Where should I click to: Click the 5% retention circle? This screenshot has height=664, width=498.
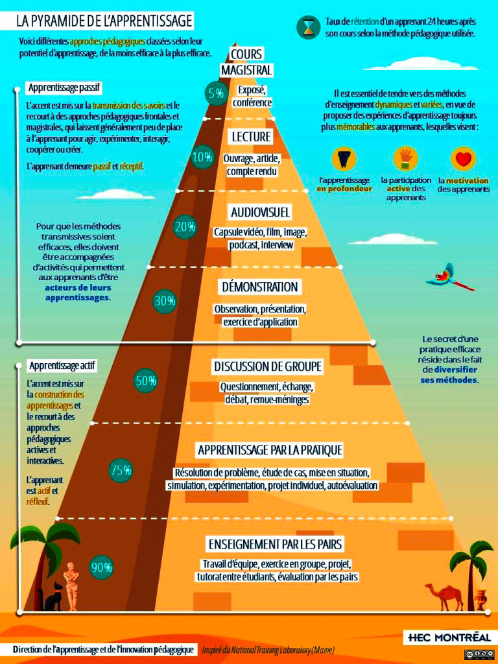click(x=215, y=93)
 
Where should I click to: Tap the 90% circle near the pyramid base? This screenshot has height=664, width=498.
click(x=102, y=567)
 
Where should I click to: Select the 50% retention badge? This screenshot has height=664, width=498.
click(x=146, y=380)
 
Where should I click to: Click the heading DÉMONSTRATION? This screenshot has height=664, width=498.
click(x=260, y=287)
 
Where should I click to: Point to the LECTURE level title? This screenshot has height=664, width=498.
click(x=251, y=136)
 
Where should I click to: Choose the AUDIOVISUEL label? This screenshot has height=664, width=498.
click(x=261, y=212)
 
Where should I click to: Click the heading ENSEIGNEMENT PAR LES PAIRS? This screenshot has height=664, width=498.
click(x=275, y=544)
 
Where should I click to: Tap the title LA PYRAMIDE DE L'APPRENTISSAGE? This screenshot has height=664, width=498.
click(x=104, y=21)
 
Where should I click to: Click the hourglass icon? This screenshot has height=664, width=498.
click(x=308, y=26)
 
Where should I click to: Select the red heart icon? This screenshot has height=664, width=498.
click(x=463, y=160)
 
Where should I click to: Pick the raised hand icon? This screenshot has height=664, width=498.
click(x=405, y=159)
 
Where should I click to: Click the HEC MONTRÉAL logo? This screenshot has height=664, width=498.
click(x=449, y=637)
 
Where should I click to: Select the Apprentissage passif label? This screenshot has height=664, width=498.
click(x=64, y=88)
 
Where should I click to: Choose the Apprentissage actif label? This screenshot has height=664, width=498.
click(x=63, y=366)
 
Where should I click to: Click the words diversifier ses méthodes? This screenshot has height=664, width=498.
click(x=449, y=375)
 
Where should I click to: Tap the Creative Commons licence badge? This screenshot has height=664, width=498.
click(x=479, y=654)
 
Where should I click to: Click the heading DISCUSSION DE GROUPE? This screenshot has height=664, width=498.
click(x=268, y=366)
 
